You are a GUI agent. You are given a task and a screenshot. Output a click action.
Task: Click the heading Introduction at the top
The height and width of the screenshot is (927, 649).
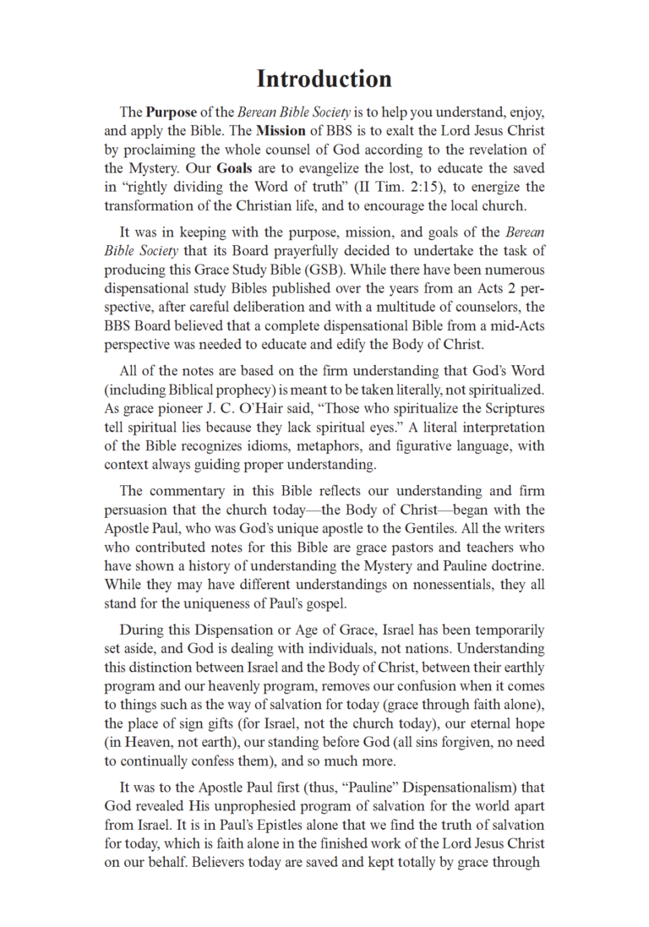click(324, 79)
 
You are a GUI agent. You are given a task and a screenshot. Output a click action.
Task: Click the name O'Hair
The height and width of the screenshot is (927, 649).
click(277, 409)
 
